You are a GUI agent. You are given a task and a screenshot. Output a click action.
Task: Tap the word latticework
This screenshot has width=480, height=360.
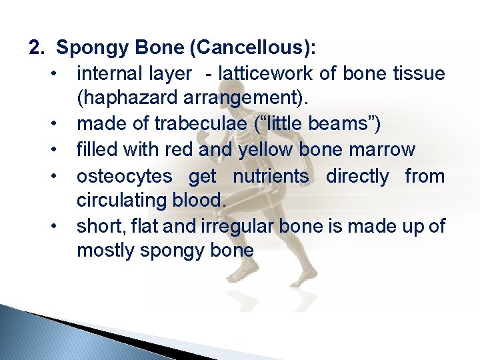(x=267, y=73)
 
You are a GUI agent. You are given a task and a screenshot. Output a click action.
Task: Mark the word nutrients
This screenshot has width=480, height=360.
(x=271, y=176)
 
